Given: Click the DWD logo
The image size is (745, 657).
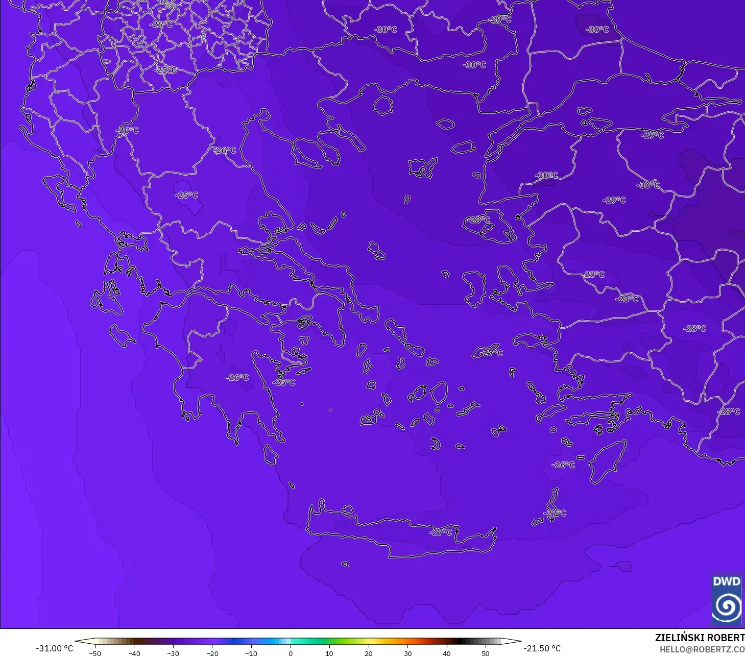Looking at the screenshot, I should pyautogui.click(x=727, y=599).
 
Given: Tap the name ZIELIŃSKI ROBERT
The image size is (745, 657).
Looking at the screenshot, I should pyautogui.click(x=700, y=638).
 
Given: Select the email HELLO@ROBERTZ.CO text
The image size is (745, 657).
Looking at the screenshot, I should pyautogui.click(x=702, y=649).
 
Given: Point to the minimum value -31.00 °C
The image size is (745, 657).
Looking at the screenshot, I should pyautogui.click(x=55, y=648).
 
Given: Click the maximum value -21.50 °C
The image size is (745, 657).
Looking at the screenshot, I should pyautogui.click(x=542, y=648).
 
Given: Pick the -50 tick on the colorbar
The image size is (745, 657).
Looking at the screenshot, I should pyautogui.click(x=95, y=653).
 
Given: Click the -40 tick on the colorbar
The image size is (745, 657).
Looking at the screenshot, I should pyautogui.click(x=134, y=653).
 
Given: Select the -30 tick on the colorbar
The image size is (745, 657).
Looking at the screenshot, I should pyautogui.click(x=173, y=653).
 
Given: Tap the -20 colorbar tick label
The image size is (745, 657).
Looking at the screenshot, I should pyautogui.click(x=212, y=653).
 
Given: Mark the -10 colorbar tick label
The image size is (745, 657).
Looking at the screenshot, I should pyautogui.click(x=251, y=653).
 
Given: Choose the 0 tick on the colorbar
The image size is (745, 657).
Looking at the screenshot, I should pyautogui.click(x=291, y=653).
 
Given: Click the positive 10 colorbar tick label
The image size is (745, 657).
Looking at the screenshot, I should pyautogui.click(x=329, y=653).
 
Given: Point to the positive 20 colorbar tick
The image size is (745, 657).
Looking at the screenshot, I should pyautogui.click(x=369, y=653).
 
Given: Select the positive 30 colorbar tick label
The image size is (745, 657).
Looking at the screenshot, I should pyautogui.click(x=407, y=653).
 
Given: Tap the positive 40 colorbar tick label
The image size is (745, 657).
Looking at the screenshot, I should pyautogui.click(x=447, y=653).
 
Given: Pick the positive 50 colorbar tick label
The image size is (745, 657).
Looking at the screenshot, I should pyautogui.click(x=486, y=653).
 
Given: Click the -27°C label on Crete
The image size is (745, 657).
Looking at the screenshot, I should pyautogui.click(x=441, y=532).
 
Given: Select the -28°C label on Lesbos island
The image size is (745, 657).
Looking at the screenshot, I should pyautogui.click(x=479, y=220).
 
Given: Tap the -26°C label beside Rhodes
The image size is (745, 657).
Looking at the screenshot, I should pyautogui.click(x=563, y=465).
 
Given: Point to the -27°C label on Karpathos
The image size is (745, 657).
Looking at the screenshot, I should pyautogui.click(x=556, y=513).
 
